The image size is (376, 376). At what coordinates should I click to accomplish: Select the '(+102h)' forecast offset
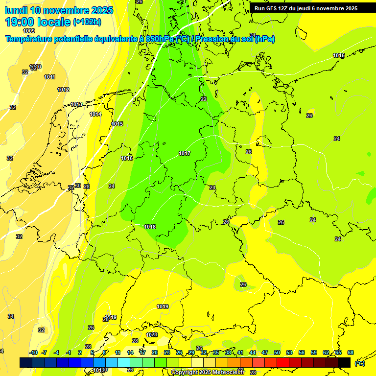87,22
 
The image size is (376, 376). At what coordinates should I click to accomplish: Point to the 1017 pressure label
185,154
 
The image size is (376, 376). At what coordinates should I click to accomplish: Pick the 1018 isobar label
150,227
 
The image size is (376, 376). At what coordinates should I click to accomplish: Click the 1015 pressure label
117,124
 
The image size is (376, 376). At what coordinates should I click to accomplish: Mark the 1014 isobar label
95,115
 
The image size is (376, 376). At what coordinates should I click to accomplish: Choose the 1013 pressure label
76,105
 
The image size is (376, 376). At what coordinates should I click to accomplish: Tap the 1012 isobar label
63,90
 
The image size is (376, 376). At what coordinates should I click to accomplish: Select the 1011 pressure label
49,77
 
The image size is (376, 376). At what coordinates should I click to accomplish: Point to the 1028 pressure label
152,335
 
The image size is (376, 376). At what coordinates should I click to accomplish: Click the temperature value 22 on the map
204,99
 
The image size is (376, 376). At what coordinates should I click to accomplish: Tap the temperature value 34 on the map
11,317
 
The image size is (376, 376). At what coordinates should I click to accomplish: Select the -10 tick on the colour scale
33,353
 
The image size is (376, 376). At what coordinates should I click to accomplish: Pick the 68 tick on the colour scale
351,353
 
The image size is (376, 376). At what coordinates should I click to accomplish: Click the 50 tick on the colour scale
277,353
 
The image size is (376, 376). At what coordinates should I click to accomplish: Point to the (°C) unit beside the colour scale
359,363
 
